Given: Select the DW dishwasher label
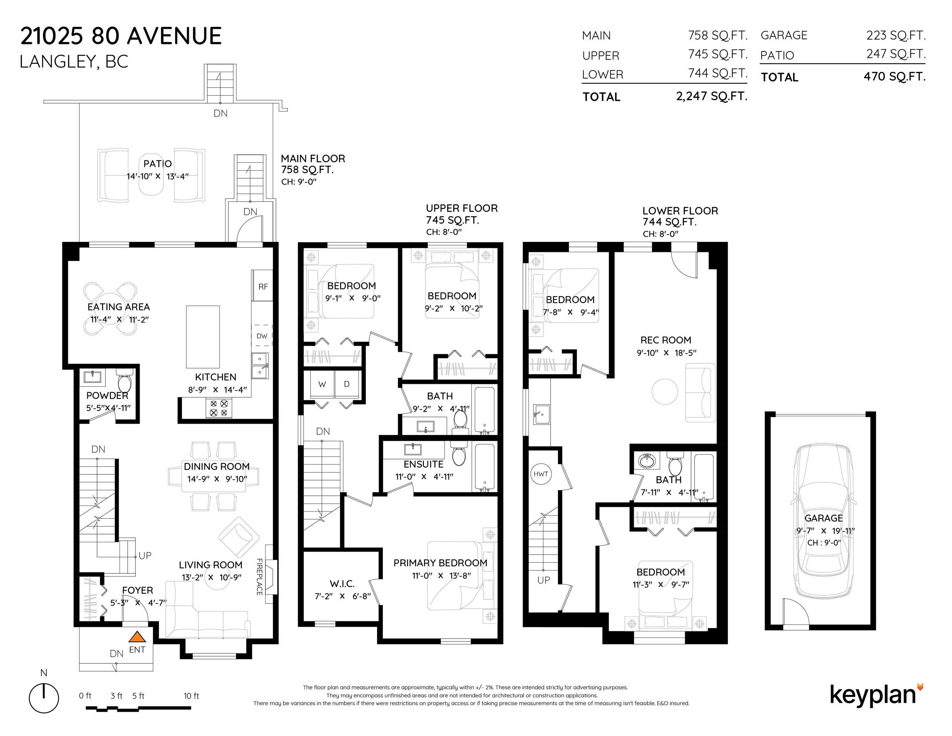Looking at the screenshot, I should point(262,336).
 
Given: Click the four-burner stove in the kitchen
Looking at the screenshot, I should point(219,408).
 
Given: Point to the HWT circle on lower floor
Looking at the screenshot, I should point(541,474).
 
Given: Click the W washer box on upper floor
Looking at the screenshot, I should point(322,384).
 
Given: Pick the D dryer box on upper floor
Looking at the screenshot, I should point(347,384).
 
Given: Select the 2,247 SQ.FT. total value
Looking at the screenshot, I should point(712,96).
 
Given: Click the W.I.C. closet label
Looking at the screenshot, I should point(342,583).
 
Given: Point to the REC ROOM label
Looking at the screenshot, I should point(666,340).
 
